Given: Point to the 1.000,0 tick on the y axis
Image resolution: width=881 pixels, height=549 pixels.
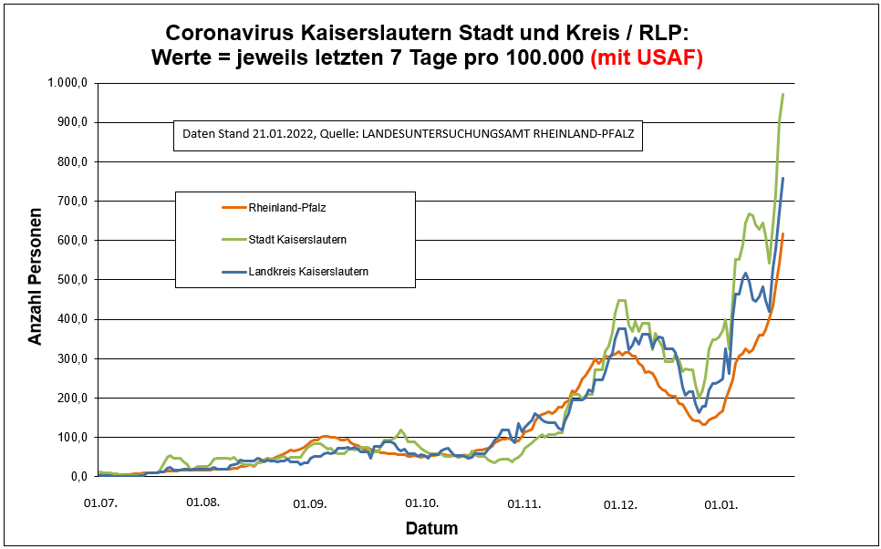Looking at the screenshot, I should click(x=67, y=83).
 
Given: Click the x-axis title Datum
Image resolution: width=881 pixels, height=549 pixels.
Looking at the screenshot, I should click(x=431, y=529).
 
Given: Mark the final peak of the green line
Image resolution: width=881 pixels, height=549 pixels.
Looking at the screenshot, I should click(x=783, y=95).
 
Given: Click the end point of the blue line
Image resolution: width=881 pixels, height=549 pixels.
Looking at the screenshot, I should click(x=783, y=179).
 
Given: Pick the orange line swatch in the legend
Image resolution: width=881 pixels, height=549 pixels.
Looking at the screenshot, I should click(x=233, y=207).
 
